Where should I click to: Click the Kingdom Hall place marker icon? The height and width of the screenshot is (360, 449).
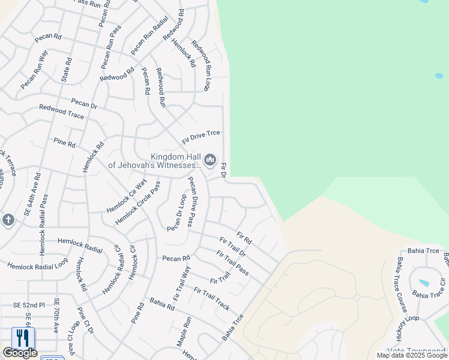click(x=209, y=160)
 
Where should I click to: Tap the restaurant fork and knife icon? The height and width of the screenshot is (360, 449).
click(x=23, y=338)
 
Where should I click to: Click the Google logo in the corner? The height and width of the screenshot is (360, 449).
click(x=20, y=353)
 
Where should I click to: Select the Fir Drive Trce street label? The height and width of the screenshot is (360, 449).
click(x=201, y=136)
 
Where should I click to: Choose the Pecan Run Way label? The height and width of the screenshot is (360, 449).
click(x=34, y=70)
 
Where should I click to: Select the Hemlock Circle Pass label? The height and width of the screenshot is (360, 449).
click(x=137, y=203)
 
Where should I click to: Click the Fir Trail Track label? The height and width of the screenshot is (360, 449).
click(x=211, y=298)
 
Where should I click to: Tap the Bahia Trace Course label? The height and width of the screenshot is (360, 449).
click(x=402, y=284)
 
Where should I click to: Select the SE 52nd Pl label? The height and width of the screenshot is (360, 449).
click(x=29, y=305)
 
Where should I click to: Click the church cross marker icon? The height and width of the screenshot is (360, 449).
click(x=8, y=220)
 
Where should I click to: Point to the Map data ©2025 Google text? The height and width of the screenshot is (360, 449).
click(x=412, y=355)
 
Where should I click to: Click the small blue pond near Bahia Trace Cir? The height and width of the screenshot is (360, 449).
click(x=424, y=283)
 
